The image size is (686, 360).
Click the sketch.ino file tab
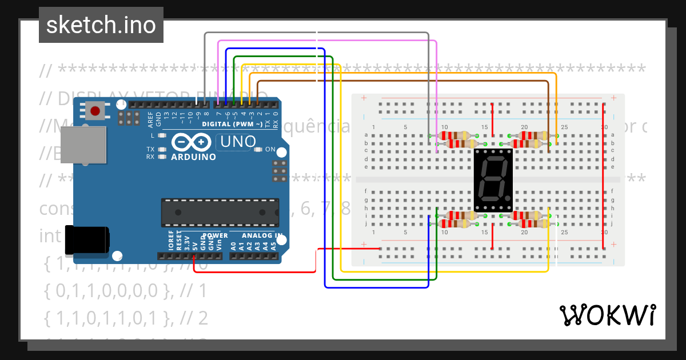click(101, 25)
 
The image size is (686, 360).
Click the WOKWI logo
click(607, 315)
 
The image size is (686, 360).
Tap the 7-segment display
click(493, 179)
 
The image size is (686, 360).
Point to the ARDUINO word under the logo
click(193, 157)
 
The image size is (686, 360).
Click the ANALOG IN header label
click(261, 235)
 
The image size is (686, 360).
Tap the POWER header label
click(215, 235)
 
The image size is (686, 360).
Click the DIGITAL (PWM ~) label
click(232, 124)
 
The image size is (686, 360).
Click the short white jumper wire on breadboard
click(556, 239)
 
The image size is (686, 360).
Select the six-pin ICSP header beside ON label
click(280, 171)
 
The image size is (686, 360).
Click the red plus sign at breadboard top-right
click(613, 98)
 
